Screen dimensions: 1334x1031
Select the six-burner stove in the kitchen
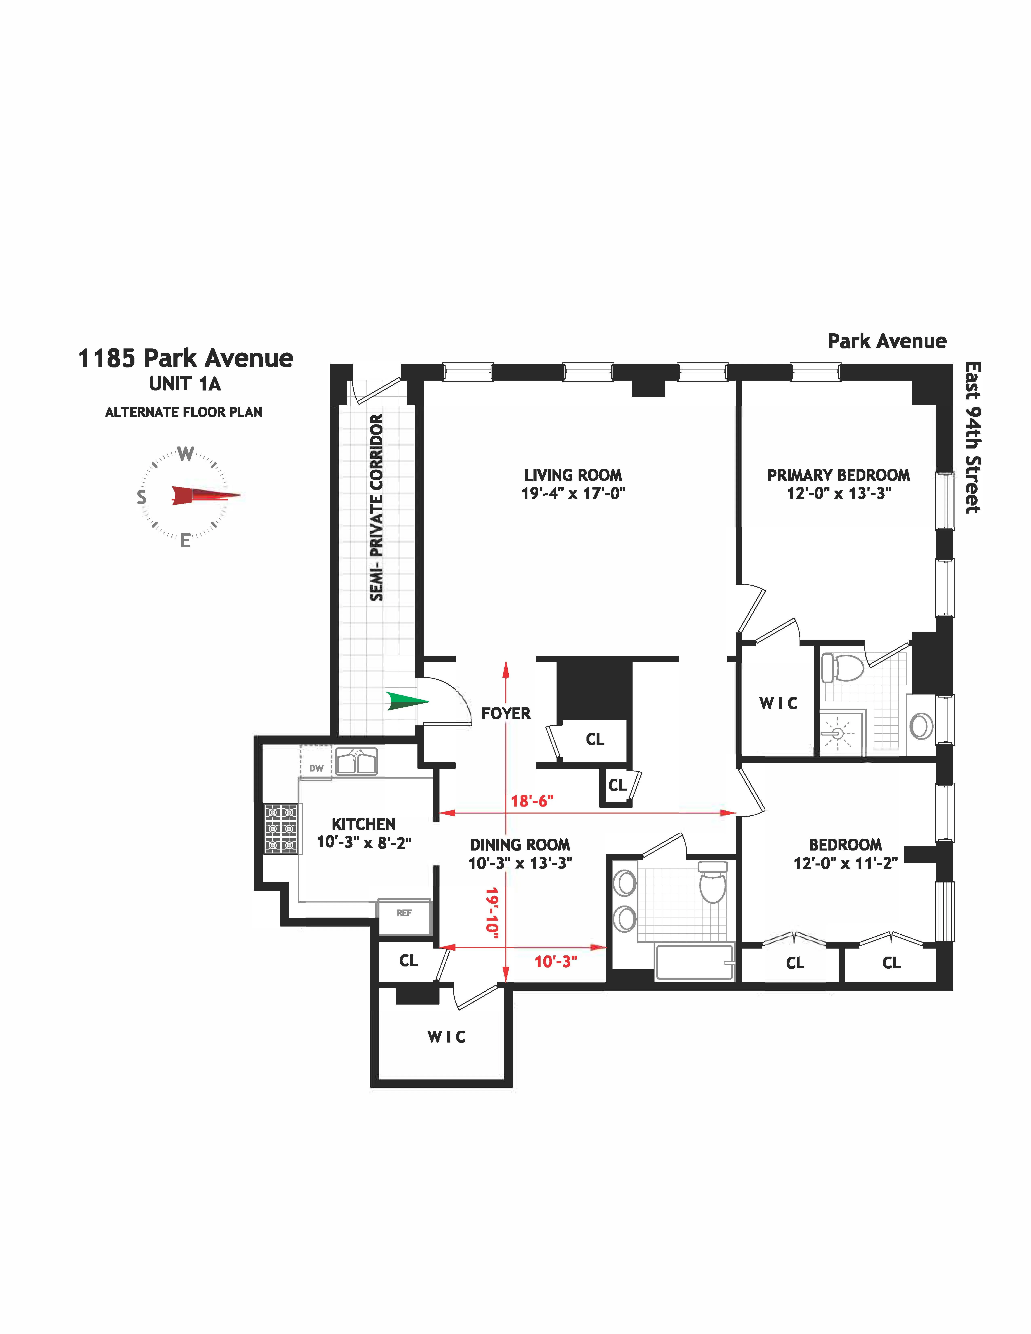coord(281,828)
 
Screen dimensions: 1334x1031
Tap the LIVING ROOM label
coord(573,475)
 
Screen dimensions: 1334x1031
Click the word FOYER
coord(506,713)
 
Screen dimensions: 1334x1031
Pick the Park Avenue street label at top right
coord(887,341)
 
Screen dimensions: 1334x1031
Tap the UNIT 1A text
coord(185,384)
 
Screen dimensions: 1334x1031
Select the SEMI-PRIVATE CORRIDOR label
coord(377,507)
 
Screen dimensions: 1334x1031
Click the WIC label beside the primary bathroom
coord(778,704)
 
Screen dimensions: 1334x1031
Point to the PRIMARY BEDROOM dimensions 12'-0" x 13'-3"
coord(839,494)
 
